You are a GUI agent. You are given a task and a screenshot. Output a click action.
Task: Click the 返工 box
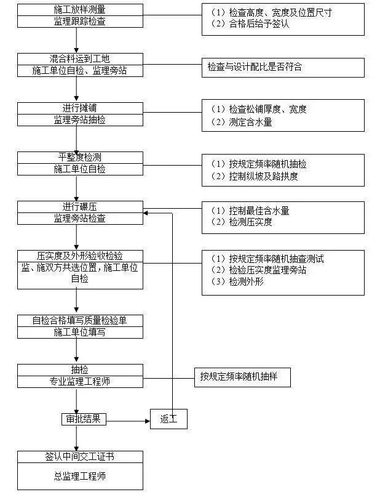point(168,419)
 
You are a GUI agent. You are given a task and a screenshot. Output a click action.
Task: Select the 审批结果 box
point(84,419)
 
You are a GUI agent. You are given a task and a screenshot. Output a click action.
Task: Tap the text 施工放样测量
point(80,10)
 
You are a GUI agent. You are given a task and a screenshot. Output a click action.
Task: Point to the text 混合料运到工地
point(80,58)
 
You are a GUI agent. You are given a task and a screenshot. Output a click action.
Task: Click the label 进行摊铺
point(80,108)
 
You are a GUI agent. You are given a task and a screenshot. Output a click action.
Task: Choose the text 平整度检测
point(80,157)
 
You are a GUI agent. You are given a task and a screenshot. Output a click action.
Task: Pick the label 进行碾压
point(80,207)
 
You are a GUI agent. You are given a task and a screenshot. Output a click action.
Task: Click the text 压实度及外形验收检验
point(80,256)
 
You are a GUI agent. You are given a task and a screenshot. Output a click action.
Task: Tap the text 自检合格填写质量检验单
point(80,320)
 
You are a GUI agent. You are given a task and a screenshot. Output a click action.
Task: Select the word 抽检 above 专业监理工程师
point(80,369)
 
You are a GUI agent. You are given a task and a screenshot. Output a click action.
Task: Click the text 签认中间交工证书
point(80,456)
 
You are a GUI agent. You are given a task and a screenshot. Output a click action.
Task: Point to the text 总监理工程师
point(80,476)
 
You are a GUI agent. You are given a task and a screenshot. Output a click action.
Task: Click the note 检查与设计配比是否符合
point(255,67)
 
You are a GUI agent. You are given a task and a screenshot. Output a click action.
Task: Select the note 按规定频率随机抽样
point(239,377)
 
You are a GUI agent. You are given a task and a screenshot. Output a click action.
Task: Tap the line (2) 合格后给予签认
point(250,23)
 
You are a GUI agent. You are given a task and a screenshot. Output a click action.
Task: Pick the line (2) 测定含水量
point(242,122)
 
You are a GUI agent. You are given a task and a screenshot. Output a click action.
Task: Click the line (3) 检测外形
point(237,281)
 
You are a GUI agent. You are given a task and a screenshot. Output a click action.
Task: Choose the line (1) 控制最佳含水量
point(250,211)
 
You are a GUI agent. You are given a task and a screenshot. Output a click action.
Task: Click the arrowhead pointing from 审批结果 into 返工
point(148,421)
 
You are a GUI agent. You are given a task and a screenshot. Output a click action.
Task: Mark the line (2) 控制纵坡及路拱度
point(254,176)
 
